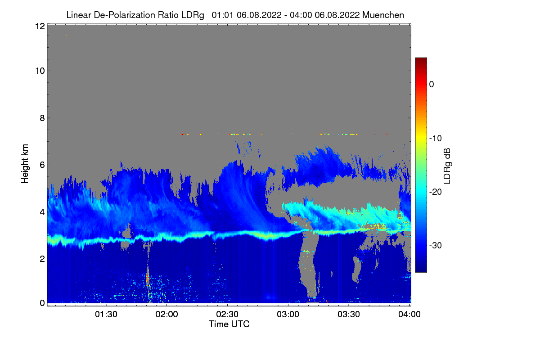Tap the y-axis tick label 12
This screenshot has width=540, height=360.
click(x=40, y=26)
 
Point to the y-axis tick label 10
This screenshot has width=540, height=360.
click(x=40, y=71)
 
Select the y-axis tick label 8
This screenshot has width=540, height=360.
click(x=42, y=118)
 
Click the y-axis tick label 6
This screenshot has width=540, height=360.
click(x=42, y=165)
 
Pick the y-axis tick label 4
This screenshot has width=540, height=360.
click(x=42, y=211)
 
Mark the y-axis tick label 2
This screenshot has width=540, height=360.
click(x=42, y=258)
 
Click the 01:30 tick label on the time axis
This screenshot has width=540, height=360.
click(x=106, y=315)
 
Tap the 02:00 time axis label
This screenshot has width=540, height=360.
click(x=167, y=315)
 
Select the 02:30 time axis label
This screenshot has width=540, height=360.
click(x=228, y=315)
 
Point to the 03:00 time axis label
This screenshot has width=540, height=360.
click(x=288, y=315)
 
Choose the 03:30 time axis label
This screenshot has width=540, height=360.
click(x=349, y=315)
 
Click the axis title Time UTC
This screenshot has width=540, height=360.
click(x=229, y=324)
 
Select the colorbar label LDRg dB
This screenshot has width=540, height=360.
click(x=447, y=165)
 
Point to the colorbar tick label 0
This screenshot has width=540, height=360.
click(x=432, y=85)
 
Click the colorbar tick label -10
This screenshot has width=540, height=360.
click(x=436, y=138)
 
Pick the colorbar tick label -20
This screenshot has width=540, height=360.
click(x=436, y=192)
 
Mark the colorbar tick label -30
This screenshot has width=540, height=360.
click(x=436, y=245)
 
